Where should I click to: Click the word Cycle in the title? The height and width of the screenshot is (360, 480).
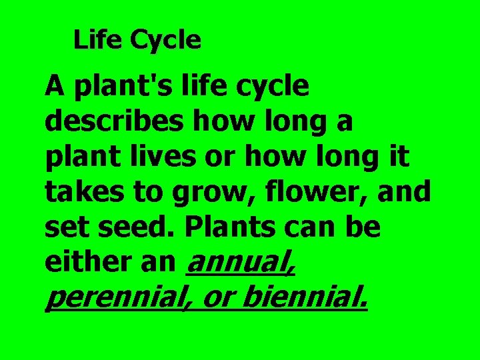point(166,41)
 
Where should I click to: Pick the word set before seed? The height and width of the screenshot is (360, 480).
point(69,228)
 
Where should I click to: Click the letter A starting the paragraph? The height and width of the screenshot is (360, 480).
point(55,87)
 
